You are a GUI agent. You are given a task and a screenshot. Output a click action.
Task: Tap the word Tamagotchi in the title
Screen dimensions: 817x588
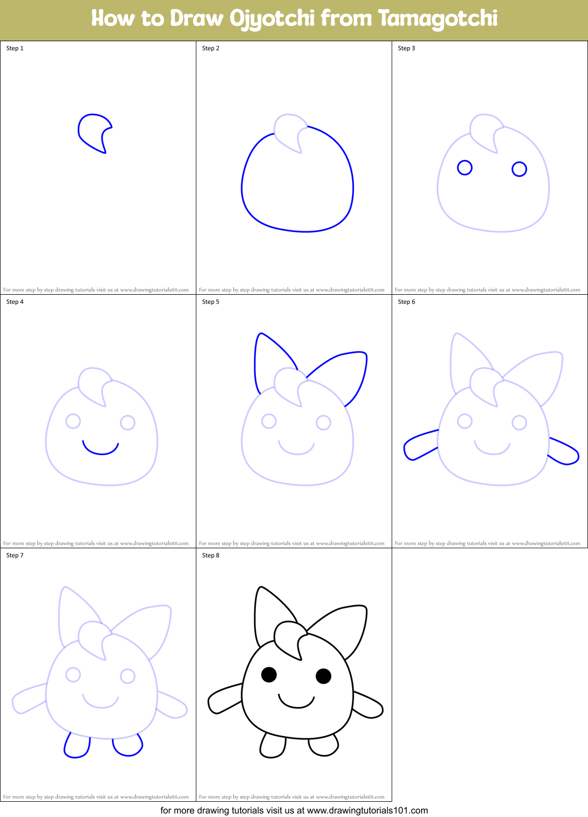pos(437,19)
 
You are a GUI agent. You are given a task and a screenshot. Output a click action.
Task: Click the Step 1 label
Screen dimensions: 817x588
pos(15,48)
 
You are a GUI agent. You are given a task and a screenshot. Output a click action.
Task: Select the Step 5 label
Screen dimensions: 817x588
pos(211,302)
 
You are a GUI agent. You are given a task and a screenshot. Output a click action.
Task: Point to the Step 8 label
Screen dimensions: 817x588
pos(211,555)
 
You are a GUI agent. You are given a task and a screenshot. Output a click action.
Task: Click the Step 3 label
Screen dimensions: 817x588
pos(406,48)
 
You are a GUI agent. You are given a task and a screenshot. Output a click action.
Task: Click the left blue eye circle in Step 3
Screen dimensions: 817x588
pos(464,168)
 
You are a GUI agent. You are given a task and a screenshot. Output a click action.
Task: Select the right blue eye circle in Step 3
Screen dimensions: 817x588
pos(519,169)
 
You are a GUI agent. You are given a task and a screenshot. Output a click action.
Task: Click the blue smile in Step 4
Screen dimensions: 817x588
pos(101,451)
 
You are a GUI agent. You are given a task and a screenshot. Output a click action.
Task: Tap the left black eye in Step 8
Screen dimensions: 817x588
pos(269,674)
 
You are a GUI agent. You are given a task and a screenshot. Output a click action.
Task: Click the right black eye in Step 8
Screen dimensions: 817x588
pos(324,676)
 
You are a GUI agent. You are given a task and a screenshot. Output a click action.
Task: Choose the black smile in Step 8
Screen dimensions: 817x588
pos(297,704)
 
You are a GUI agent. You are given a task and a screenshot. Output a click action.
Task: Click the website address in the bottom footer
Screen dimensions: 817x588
pos(367,810)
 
